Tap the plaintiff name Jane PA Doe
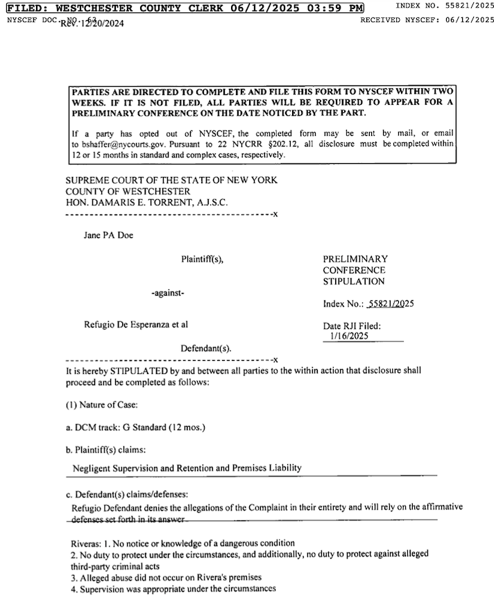point(108,235)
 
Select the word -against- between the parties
point(168,294)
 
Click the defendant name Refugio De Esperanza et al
point(136,324)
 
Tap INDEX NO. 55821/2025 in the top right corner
point(444,6)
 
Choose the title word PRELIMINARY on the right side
point(355,259)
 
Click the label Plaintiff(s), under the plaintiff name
point(203,259)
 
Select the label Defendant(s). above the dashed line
point(206,348)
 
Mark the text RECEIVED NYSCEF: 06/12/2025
point(427,20)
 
